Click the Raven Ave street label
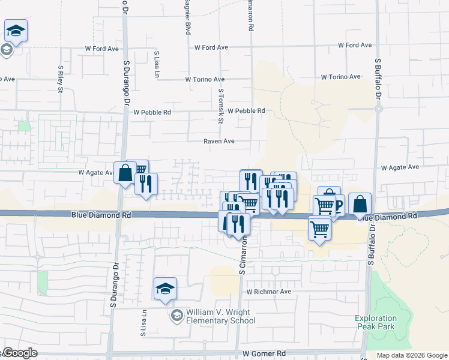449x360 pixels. pyautogui.click(x=218, y=142)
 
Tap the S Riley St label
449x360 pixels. pyautogui.click(x=61, y=79)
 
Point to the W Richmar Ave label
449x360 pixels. pyautogui.click(x=268, y=292)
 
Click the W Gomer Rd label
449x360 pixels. pyautogui.click(x=264, y=354)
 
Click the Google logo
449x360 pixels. pyautogui.click(x=19, y=353)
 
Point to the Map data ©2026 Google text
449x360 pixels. pyautogui.click(x=411, y=355)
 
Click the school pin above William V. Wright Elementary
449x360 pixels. pyautogui.click(x=165, y=289)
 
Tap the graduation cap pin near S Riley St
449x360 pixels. pyautogui.click(x=16, y=31)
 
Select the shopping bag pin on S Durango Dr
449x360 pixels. pyautogui.click(x=125, y=173)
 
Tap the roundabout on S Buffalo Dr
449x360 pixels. pyautogui.click(x=379, y=109)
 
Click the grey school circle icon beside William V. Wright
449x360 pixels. pyautogui.click(x=176, y=316)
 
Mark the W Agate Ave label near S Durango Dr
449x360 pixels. pyautogui.click(x=96, y=172)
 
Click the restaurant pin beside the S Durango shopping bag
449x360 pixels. pyautogui.click(x=145, y=185)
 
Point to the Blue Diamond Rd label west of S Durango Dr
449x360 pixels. pyautogui.click(x=92, y=214)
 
